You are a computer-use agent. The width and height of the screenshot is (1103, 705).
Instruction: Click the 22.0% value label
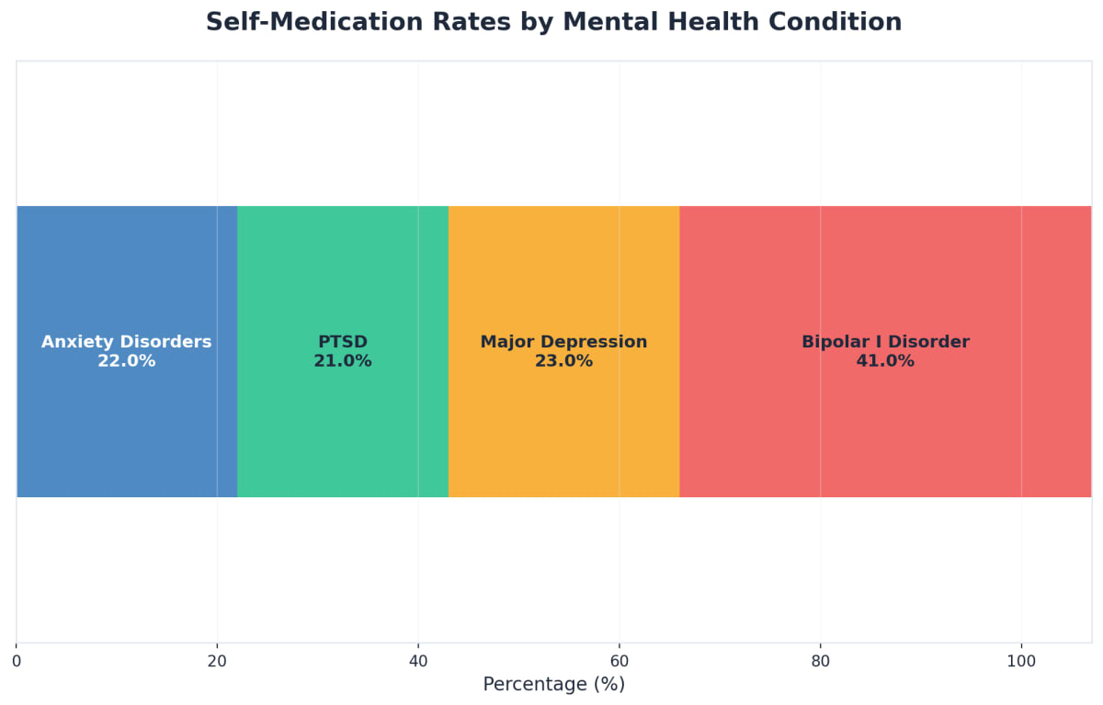point(126,361)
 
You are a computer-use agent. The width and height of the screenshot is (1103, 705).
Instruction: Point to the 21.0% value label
point(342,361)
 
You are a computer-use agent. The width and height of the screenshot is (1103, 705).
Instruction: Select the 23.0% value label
point(563,361)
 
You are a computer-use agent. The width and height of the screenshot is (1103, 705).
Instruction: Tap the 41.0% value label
point(884,361)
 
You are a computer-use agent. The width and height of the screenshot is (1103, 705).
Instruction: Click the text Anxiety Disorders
point(126,342)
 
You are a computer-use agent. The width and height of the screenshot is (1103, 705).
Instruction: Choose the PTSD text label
point(342,342)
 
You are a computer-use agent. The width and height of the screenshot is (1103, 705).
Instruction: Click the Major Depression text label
point(563,342)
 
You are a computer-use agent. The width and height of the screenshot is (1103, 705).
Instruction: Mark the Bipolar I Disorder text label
point(884,342)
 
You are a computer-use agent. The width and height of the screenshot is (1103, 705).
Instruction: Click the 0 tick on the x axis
point(17,661)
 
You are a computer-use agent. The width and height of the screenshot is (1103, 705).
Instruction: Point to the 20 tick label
point(217,661)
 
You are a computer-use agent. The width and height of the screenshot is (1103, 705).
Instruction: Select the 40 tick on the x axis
point(418,661)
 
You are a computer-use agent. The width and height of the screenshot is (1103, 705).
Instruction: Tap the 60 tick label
point(619,661)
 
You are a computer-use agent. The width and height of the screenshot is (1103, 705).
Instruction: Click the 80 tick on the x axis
point(820,661)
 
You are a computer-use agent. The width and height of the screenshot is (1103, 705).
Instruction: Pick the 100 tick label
point(1020,661)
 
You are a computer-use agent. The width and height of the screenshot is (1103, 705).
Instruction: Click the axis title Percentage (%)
point(553,685)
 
